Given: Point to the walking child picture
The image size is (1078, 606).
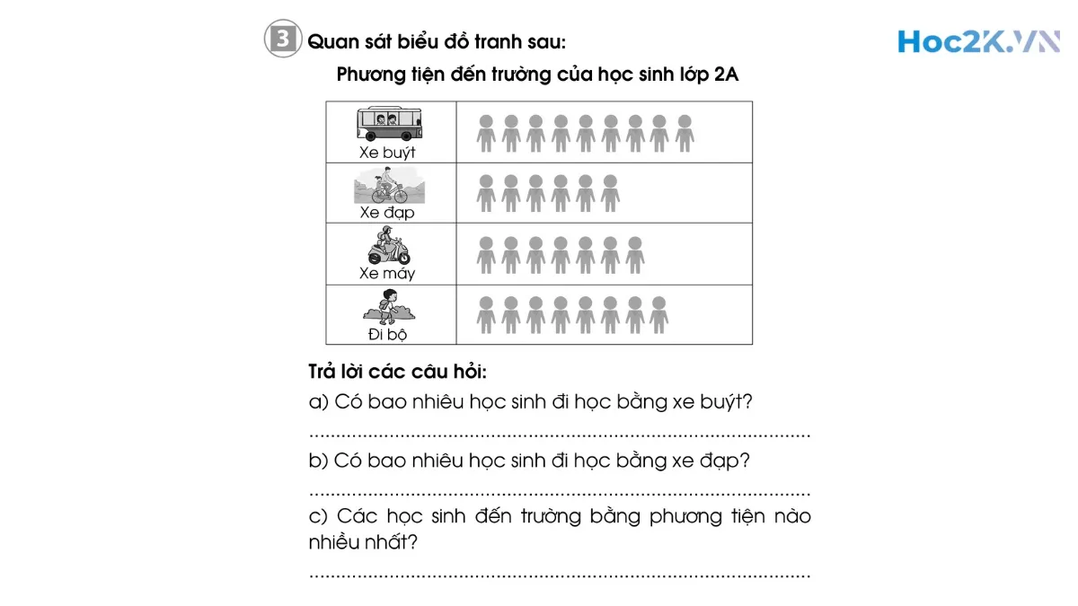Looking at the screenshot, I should point(388,305).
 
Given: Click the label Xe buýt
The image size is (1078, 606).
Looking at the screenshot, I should point(387,153).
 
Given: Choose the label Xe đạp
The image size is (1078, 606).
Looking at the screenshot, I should point(387,213).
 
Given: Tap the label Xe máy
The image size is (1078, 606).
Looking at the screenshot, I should point(387,273).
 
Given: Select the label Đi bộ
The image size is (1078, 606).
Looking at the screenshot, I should point(387,334).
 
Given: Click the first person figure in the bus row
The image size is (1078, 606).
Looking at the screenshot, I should point(486,133).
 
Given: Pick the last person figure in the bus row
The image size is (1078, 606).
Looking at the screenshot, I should point(685,133).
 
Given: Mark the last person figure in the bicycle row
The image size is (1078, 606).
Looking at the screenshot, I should point(610,193).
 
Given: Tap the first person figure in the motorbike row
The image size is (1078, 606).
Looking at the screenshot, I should point(486,254).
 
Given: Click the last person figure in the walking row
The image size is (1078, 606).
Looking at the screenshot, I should point(659,315).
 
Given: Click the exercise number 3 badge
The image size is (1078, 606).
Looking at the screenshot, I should point(281,40).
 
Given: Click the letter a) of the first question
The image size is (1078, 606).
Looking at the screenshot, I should point(318,402).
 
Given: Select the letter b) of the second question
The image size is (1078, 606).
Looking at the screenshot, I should point(318,461).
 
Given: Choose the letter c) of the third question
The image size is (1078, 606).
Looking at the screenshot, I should point(318,516).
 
